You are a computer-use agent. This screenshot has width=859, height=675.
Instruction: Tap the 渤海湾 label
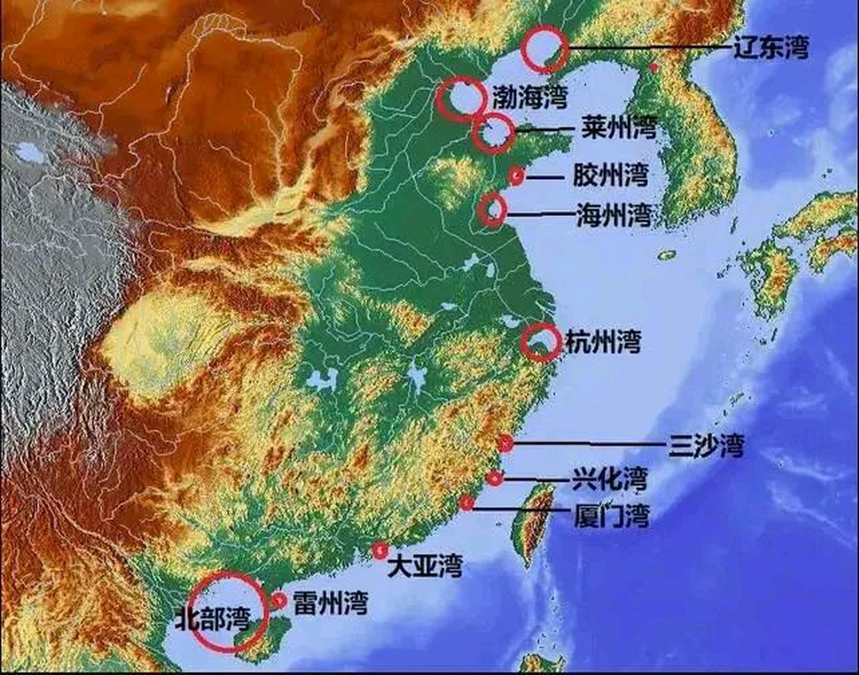point(530,98)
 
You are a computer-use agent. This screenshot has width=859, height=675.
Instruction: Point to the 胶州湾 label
point(610,175)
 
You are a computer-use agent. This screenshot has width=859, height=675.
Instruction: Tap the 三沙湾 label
point(706,446)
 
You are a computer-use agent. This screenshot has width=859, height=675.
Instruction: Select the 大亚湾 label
point(425,566)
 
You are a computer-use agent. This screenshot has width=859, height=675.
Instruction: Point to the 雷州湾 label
point(330,603)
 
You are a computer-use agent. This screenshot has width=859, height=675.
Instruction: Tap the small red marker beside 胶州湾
point(516,176)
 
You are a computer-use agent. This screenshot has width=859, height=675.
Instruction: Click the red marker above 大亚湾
point(379,550)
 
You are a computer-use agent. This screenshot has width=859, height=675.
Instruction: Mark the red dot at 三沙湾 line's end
point(505,443)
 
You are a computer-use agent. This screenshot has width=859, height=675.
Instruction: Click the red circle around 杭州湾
point(540,343)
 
